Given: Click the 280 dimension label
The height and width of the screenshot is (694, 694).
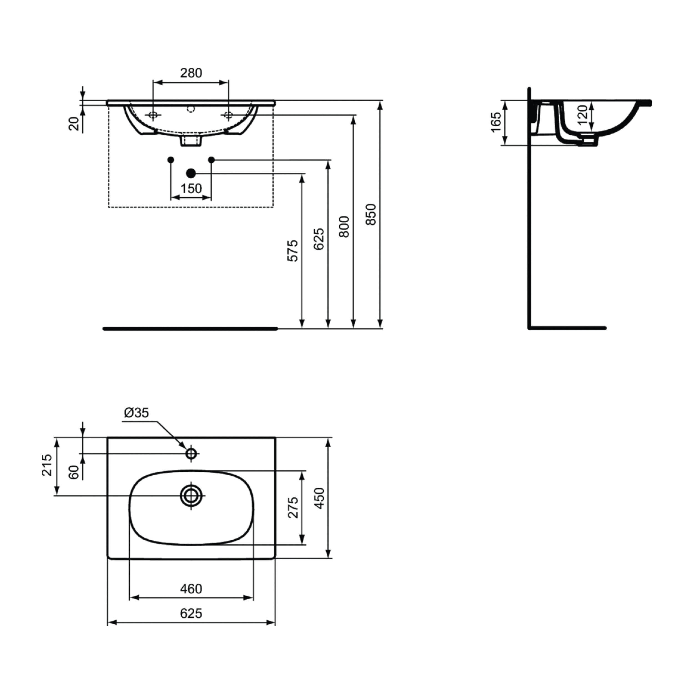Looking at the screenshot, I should [191, 73].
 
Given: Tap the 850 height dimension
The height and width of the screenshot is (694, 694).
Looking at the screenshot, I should [371, 215].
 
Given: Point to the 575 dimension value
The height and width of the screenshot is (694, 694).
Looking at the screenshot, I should [293, 251].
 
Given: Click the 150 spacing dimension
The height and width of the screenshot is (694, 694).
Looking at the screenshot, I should [191, 188].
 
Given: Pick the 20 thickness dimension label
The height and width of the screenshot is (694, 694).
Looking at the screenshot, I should [74, 124].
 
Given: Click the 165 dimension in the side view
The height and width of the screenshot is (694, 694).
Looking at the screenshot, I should [496, 122].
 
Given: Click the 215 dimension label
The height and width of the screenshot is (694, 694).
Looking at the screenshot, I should [47, 465].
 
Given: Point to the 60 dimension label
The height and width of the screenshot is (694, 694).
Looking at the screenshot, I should [74, 472].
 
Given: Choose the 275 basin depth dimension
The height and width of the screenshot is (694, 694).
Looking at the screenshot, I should [293, 507].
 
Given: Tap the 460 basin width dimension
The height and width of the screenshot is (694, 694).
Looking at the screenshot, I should [191, 589].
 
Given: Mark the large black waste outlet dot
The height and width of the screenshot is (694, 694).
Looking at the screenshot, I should [191, 173].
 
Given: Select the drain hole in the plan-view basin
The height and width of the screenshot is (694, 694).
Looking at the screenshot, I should [191, 496].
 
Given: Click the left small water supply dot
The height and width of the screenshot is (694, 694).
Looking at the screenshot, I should [171, 160].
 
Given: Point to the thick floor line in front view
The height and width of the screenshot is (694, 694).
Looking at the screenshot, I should [190, 329].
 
